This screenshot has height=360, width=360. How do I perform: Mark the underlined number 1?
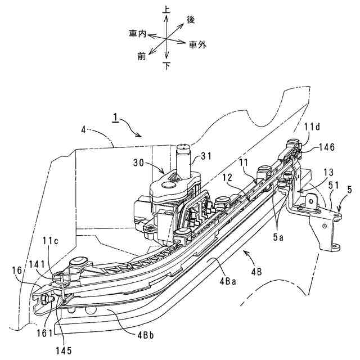click(x=115, y=119)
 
